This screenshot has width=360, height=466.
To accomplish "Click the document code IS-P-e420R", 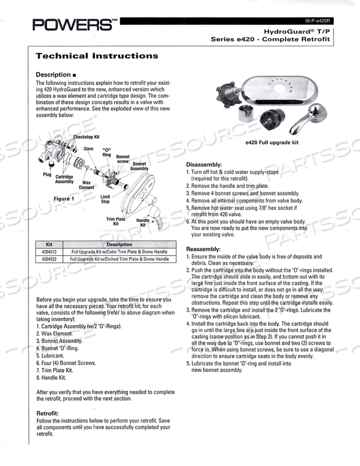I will [x=318, y=21].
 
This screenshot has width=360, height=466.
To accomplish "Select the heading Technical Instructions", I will [x=97, y=56].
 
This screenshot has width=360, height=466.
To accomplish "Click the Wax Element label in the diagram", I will [x=87, y=184].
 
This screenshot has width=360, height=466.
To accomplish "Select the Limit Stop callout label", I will [x=105, y=198].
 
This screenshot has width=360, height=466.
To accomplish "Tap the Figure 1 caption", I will [x=64, y=199].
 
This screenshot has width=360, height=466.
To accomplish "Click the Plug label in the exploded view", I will [x=47, y=174].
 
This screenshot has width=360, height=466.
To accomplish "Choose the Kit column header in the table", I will [x=49, y=244].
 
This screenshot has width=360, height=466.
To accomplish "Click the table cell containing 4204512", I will [x=49, y=252].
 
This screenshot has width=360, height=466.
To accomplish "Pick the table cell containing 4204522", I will [x=49, y=259].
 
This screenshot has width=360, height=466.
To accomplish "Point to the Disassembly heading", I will [x=204, y=164].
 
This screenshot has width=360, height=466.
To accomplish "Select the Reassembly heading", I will [x=204, y=249].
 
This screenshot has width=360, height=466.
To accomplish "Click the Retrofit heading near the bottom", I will [x=48, y=414].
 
